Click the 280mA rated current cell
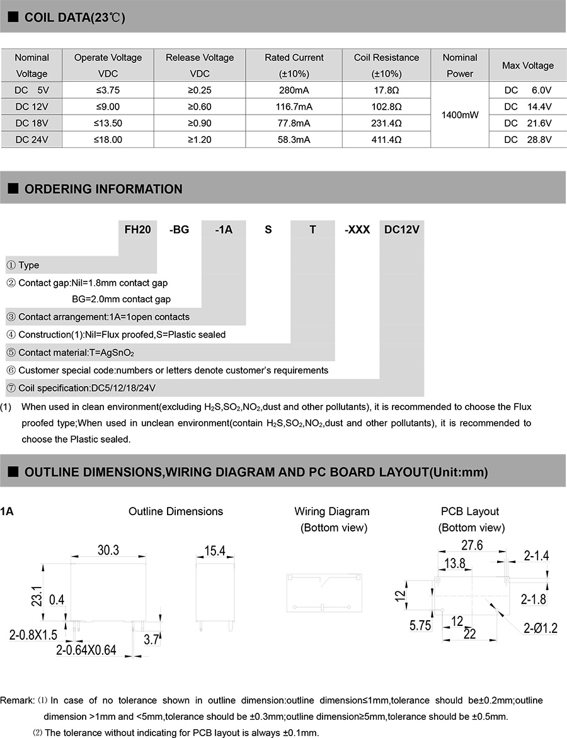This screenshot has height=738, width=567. coord(294,90)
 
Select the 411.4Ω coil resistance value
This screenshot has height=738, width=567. coord(386,140)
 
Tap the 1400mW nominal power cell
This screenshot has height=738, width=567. coord(460,115)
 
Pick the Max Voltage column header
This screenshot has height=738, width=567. coord(527,65)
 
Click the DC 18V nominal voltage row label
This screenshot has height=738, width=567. coord(31,123)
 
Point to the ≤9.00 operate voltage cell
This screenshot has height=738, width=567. coord(108,106)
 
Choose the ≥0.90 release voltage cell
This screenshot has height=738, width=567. coord(199,123)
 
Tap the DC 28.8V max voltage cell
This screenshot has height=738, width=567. coord(527,140)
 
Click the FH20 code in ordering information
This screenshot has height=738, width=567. coord(138,230)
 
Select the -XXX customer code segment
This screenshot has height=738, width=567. coord(357,230)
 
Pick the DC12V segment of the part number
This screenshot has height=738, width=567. coord(401,230)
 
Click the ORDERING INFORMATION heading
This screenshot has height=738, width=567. coord(103,189)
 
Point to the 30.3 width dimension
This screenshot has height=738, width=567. coord(108,550)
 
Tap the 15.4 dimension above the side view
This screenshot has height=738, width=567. coord(214,552)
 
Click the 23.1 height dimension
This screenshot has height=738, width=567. coord(36,596)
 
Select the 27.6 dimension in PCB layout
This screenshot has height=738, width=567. coord(471,545)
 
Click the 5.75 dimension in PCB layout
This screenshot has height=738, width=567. coord(420,625)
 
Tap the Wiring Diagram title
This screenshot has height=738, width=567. coord(332,511)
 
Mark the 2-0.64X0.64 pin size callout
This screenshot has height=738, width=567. coord(86,650)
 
